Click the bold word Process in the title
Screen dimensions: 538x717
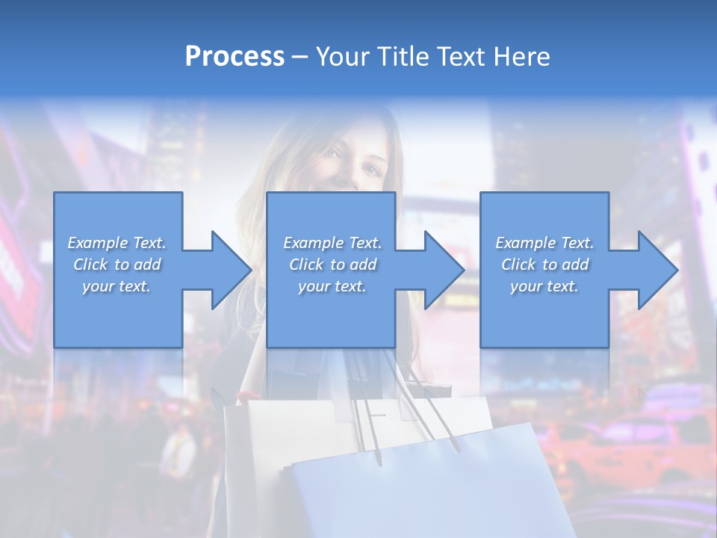click(235, 57)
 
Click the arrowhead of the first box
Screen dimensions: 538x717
click(232, 270)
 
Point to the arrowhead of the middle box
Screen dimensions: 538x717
click(444, 270)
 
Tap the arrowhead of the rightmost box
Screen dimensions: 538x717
click(658, 270)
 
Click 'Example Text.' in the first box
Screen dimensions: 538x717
click(117, 243)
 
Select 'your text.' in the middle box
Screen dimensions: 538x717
click(332, 286)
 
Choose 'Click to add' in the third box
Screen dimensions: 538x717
click(544, 265)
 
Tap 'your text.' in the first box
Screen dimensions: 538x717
click(117, 286)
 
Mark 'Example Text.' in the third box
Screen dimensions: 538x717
click(544, 243)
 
